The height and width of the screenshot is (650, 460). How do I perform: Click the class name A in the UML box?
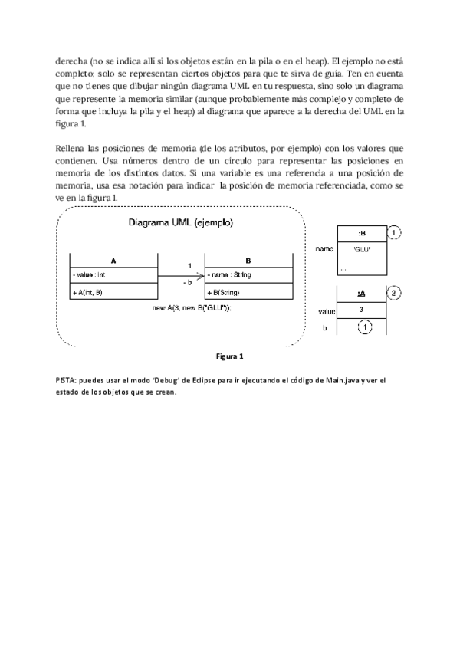click(113, 260)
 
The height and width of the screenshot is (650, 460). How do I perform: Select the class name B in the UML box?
click(248, 260)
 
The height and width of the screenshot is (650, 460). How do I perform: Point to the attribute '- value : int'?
click(90, 274)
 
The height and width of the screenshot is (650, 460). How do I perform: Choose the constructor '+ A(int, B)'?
click(90, 292)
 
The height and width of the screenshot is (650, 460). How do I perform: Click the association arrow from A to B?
click(181, 274)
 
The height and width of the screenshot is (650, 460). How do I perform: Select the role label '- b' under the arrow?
click(189, 284)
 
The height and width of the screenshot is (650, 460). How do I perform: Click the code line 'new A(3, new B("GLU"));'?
click(192, 307)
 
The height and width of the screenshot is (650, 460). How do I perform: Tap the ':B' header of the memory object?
click(361, 233)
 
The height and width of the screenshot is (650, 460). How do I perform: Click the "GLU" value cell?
click(361, 249)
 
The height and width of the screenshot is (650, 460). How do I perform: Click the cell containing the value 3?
click(361, 310)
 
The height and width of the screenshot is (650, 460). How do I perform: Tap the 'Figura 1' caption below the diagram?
click(230, 356)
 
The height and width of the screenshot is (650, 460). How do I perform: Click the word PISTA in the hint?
click(66, 381)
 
